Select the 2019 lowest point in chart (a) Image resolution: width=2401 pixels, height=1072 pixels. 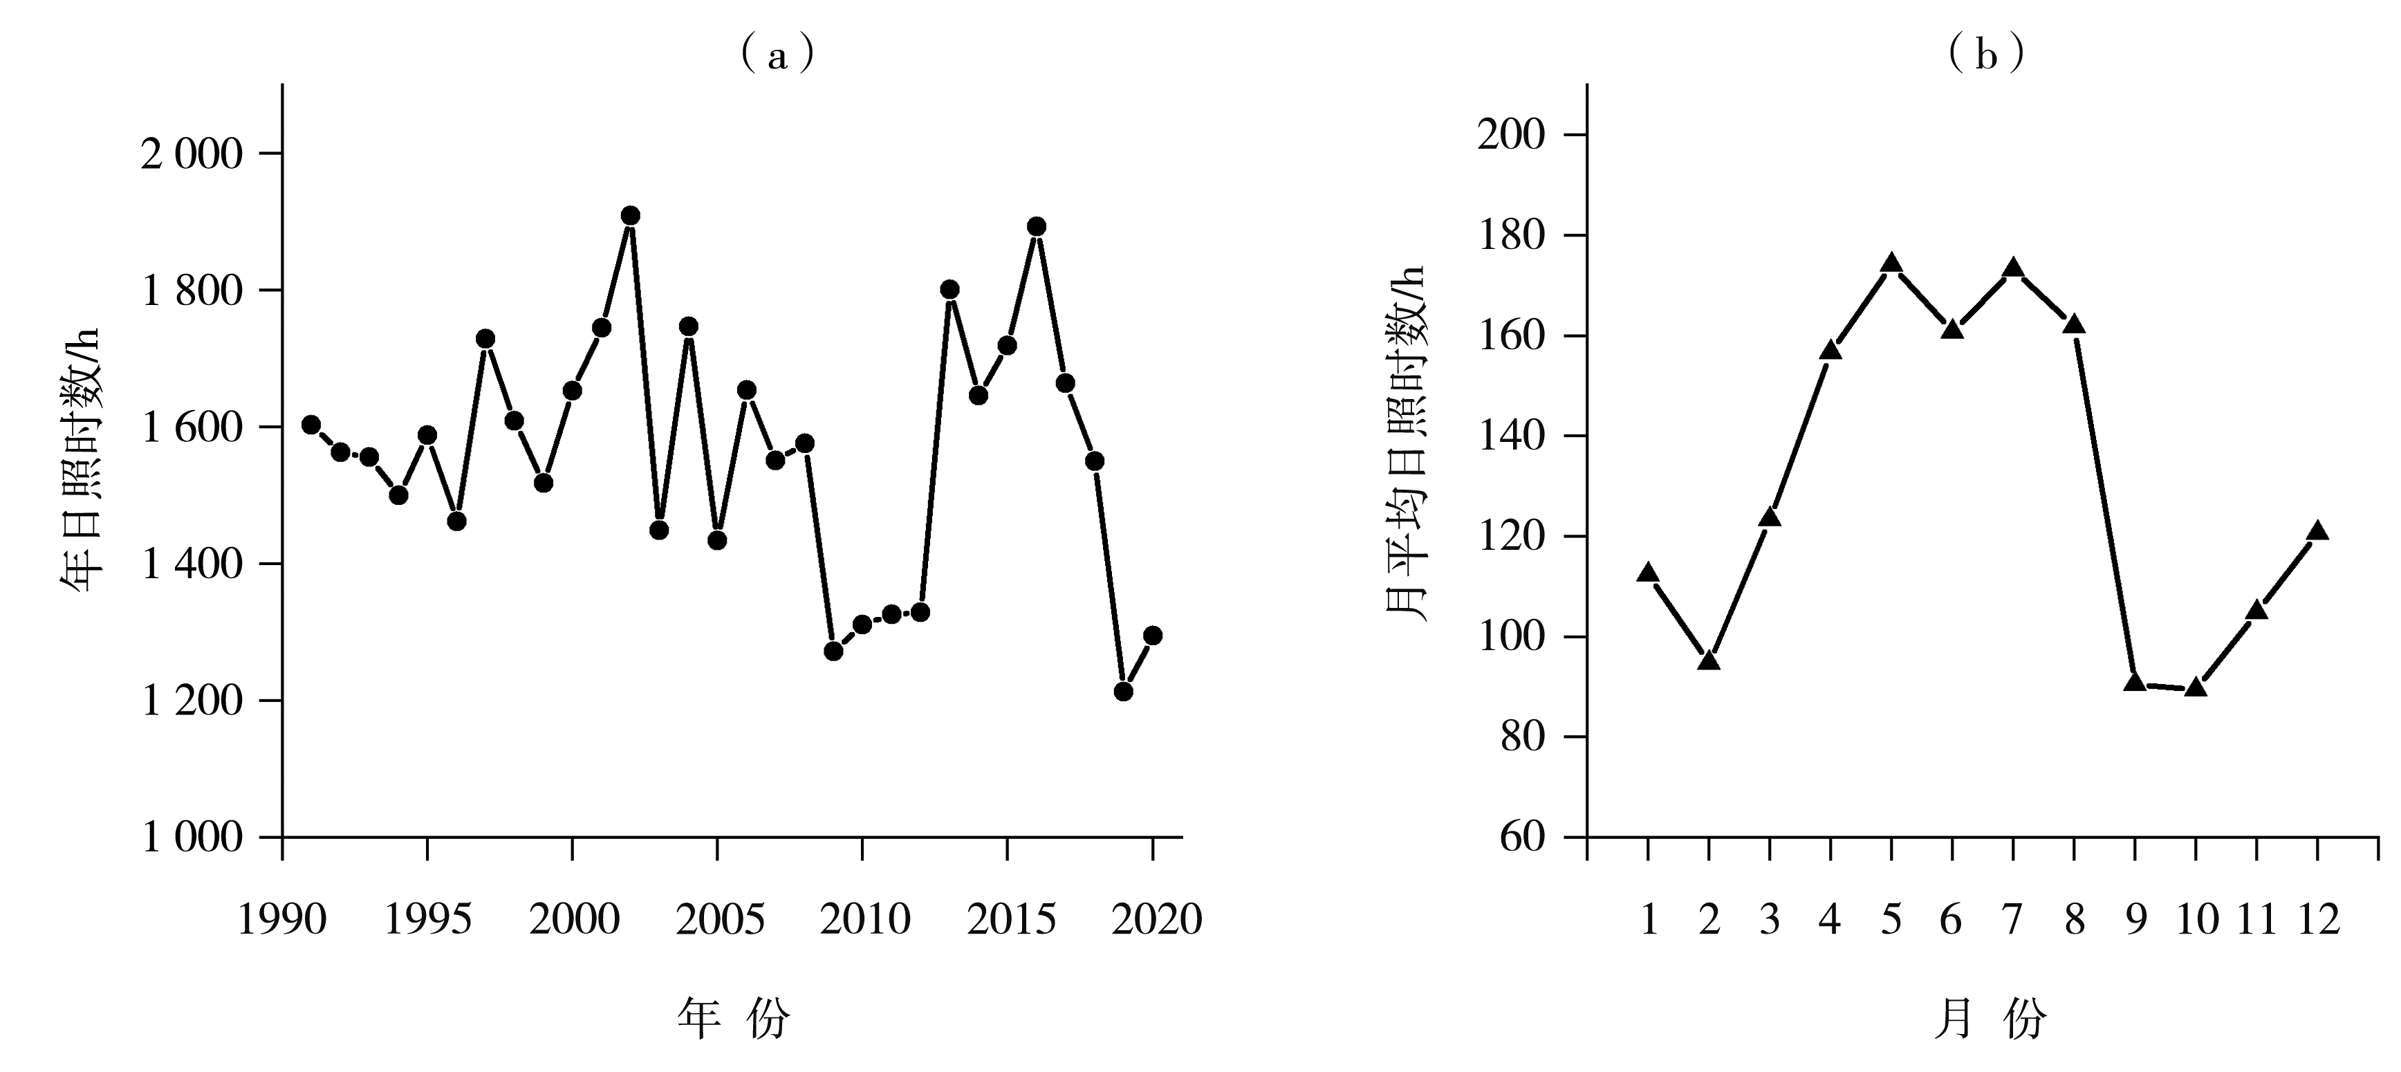1123,691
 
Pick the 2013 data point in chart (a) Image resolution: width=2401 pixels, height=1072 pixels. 949,289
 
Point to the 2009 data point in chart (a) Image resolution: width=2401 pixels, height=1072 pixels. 833,651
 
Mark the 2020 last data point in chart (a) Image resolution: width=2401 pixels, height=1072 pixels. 1152,635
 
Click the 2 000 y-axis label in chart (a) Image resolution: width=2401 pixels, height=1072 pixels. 191,154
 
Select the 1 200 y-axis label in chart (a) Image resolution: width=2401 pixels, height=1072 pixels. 191,701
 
